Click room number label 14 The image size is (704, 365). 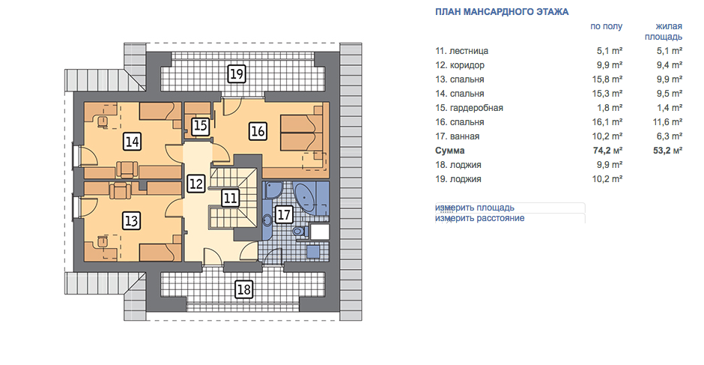(132, 142)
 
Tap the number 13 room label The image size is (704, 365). (132, 220)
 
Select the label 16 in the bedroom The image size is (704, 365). (258, 131)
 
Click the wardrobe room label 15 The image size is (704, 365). (200, 126)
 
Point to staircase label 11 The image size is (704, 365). (231, 198)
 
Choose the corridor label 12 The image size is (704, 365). (196, 184)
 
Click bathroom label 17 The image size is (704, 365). (284, 214)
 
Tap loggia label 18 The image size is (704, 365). (244, 289)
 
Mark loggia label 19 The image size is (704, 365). (237, 73)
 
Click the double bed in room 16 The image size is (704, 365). (302, 133)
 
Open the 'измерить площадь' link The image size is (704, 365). (475, 208)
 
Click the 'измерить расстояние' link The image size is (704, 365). (479, 218)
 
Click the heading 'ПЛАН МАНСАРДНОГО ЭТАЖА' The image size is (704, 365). (502, 12)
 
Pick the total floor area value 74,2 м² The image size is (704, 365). (607, 151)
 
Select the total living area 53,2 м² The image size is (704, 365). (667, 151)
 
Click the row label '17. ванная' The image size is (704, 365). (457, 136)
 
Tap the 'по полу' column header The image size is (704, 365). (606, 26)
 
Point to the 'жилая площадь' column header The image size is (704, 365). (664, 31)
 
